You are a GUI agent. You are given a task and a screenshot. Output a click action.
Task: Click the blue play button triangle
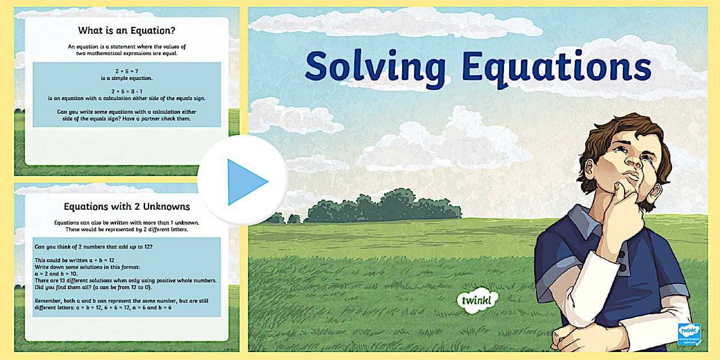coord(246,182)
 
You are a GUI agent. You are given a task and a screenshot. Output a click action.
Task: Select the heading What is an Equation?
coord(127,30)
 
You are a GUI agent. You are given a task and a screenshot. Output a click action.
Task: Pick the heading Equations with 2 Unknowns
coord(127,206)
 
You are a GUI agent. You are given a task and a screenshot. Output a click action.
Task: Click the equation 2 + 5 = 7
coord(127,71)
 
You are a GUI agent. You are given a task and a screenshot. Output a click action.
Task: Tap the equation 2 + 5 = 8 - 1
coord(127,91)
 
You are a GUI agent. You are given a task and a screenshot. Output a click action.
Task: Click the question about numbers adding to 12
coord(94,246)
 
